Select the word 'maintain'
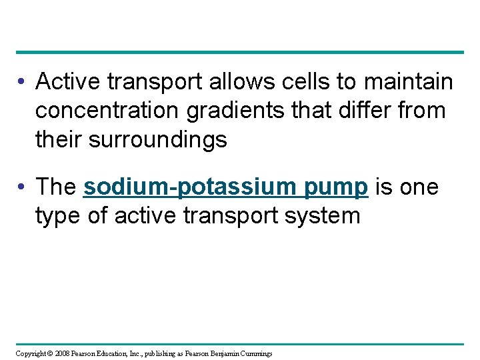(x=409, y=82)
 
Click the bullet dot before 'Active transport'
(x=22, y=83)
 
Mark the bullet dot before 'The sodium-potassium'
(x=22, y=188)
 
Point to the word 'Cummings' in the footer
(x=255, y=353)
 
